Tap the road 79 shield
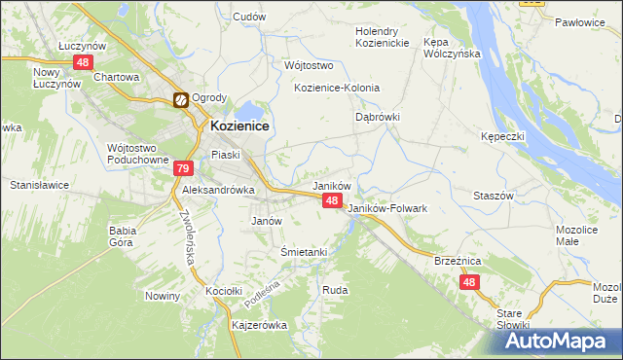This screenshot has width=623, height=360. click(182, 168)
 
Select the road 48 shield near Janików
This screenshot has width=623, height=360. click(332, 200)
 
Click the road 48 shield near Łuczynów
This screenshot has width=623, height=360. click(82, 62)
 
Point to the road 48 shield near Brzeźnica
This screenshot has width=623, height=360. click(470, 282)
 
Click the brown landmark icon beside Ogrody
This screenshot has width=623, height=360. click(180, 99)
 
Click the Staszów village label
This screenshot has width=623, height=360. click(493, 196)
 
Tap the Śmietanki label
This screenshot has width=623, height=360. click(304, 252)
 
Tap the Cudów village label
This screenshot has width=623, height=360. click(250, 17)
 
